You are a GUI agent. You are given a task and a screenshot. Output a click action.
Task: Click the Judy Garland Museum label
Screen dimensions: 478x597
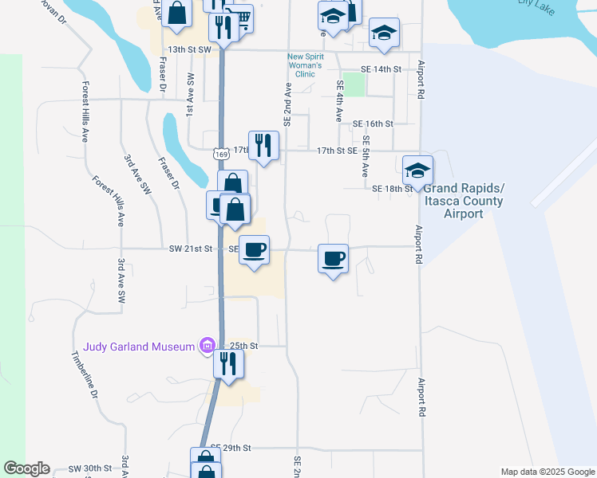click(139, 347)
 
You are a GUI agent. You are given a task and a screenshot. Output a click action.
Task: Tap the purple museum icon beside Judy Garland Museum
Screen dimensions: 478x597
click(208, 346)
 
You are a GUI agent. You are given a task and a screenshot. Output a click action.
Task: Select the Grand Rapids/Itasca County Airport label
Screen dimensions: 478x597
click(464, 201)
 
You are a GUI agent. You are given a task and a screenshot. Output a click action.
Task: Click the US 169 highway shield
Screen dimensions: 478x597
click(221, 151)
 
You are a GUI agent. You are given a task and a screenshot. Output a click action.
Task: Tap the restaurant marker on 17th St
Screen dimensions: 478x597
click(263, 146)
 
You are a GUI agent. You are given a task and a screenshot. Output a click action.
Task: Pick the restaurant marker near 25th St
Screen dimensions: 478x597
click(229, 364)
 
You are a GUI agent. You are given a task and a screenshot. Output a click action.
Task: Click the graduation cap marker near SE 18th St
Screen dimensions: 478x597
click(417, 170)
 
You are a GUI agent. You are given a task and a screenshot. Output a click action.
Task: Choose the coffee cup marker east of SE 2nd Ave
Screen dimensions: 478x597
click(334, 258)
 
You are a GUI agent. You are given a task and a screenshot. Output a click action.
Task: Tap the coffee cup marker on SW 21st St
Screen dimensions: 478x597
click(255, 250)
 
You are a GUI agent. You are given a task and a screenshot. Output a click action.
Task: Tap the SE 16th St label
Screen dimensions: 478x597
click(374, 123)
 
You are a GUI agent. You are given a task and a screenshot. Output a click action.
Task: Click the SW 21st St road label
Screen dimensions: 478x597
click(191, 249)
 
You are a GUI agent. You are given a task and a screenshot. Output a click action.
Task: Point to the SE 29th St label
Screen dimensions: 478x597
click(231, 449)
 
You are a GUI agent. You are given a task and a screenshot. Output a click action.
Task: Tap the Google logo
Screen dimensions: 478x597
click(26, 468)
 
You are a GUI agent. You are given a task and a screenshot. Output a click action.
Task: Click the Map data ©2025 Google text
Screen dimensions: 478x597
click(547, 472)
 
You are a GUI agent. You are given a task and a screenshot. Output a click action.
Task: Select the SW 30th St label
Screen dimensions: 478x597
click(89, 468)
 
